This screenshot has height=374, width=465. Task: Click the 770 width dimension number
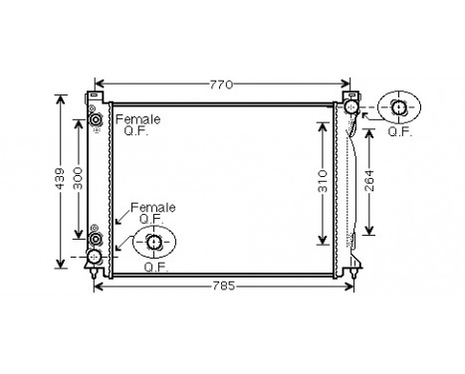pyautogui.click(x=222, y=85)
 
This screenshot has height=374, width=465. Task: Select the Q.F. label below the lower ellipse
pyautogui.click(x=155, y=267)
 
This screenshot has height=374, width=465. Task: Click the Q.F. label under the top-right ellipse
pyautogui.click(x=400, y=130)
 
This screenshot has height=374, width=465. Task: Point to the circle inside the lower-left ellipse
pyautogui.click(x=154, y=242)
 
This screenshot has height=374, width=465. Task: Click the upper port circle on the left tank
pyautogui.click(x=96, y=120)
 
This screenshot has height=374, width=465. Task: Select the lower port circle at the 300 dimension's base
pyautogui.click(x=96, y=239)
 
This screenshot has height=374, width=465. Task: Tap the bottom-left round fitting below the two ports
pyautogui.click(x=95, y=257)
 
